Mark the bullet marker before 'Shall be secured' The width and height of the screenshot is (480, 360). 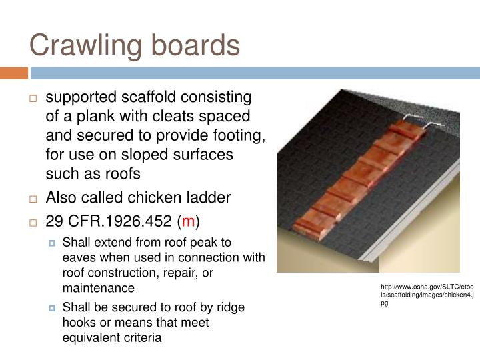pyautogui.click(x=53, y=308)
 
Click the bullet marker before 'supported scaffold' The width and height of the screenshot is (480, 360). pyautogui.click(x=33, y=99)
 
